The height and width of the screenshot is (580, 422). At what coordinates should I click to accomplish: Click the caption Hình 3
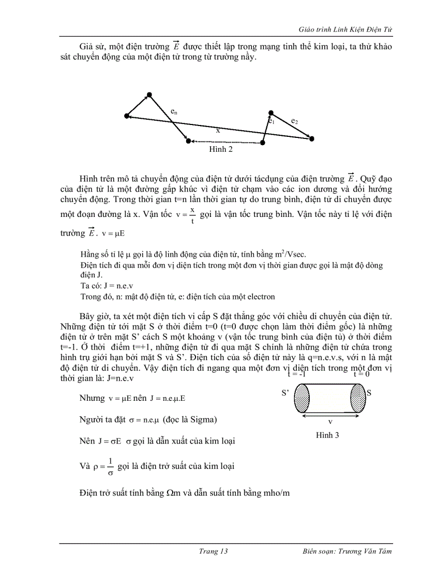pyautogui.click(x=327, y=435)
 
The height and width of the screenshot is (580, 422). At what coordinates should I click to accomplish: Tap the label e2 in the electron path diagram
pyautogui.click(x=294, y=121)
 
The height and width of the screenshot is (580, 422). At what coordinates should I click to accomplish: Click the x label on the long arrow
pyautogui.click(x=218, y=131)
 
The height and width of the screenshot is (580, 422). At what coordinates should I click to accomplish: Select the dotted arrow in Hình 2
pyautogui.click(x=225, y=142)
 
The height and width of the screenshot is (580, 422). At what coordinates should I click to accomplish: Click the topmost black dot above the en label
pyautogui.click(x=149, y=95)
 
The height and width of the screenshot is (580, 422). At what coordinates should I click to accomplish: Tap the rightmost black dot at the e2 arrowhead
pyautogui.click(x=311, y=138)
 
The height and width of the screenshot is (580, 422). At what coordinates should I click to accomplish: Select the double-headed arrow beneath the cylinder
pyautogui.click(x=330, y=415)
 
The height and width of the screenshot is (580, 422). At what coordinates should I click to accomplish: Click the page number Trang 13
pyautogui.click(x=214, y=551)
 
